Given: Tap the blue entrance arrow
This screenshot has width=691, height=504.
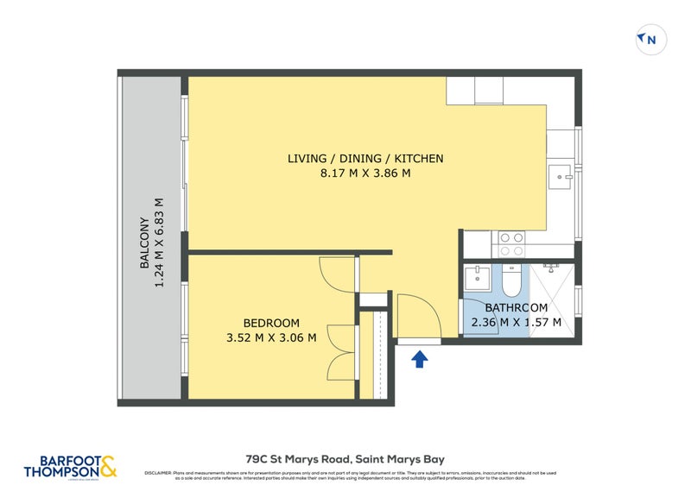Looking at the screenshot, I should tap(420, 358).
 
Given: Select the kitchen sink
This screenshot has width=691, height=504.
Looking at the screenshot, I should tap(563, 177).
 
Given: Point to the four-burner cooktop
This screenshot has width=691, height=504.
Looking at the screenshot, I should tap(510, 243).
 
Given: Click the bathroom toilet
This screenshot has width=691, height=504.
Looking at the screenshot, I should tap(510, 280).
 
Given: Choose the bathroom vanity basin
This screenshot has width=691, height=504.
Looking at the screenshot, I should tap(478, 279).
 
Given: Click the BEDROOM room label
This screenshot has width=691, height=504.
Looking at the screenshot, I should tap(272, 323).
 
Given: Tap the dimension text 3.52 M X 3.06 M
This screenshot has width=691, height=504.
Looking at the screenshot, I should tap(272, 337).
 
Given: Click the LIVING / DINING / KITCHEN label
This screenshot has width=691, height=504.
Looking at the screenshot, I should tap(365, 159).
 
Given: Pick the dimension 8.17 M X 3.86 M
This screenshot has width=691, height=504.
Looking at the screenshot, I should tap(365, 173).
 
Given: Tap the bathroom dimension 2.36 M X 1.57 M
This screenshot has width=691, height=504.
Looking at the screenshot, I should tap(516, 323).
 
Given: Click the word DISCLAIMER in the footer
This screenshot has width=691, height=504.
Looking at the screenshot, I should tap(157, 473).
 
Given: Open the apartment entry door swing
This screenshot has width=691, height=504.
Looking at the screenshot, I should tap(419, 316).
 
